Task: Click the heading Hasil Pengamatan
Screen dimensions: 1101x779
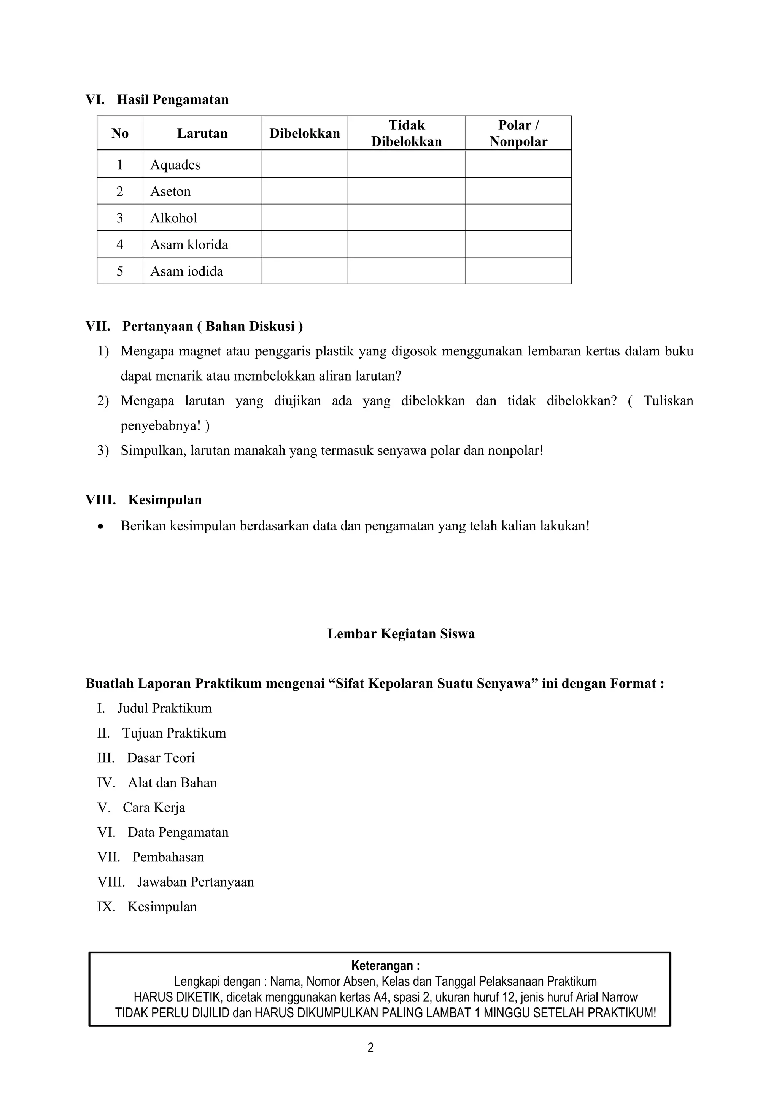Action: [x=172, y=100]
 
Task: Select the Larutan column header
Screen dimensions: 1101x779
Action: [x=202, y=133]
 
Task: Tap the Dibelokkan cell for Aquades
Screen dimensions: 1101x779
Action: [x=305, y=165]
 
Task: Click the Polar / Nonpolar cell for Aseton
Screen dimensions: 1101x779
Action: [x=518, y=191]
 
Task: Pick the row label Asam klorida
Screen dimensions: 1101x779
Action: [x=189, y=244]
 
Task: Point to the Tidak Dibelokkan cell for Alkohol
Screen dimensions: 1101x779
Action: [x=406, y=218]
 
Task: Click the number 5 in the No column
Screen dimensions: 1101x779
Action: [x=120, y=271]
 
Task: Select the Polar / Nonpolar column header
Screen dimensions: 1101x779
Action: [x=518, y=133]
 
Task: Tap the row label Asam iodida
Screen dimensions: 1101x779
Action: [x=187, y=271]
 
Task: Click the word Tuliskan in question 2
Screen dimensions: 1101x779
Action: [x=668, y=401]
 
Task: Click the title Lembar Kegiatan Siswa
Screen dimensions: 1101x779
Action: [x=401, y=634]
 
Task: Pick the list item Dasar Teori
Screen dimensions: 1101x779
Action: [x=161, y=758]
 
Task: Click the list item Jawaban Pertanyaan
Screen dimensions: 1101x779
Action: [x=195, y=882]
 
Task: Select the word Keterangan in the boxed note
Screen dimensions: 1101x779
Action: [x=383, y=965]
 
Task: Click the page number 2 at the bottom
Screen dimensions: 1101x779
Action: [x=370, y=1048]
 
